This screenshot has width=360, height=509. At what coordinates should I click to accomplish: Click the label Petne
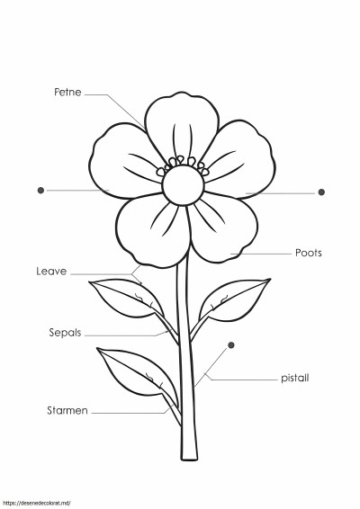pos(67,93)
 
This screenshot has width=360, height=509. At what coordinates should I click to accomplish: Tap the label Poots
pos(309,253)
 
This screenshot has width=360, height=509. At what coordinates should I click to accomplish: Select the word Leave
pos(51,272)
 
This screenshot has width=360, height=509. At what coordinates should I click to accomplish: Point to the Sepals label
pos(65,333)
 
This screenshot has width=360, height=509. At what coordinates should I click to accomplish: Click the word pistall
pos(294,379)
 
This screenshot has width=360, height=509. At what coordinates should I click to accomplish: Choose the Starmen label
pos(67,411)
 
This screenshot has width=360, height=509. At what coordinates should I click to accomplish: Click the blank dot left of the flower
pos(40,191)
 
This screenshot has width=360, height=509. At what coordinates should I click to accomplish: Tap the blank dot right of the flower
pos(321,192)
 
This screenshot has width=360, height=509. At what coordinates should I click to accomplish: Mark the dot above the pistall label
pos(231,345)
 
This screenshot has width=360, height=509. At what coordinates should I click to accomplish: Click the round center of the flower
pos(184,185)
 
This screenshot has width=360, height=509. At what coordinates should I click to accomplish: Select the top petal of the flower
pos(182,127)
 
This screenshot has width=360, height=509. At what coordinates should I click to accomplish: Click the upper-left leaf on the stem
pos(127,298)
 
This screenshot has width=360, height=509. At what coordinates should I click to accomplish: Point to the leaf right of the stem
pos(234,300)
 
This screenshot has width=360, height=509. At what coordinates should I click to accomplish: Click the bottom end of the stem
pos(189,459)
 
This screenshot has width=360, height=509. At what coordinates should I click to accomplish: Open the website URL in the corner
pos(36,504)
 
